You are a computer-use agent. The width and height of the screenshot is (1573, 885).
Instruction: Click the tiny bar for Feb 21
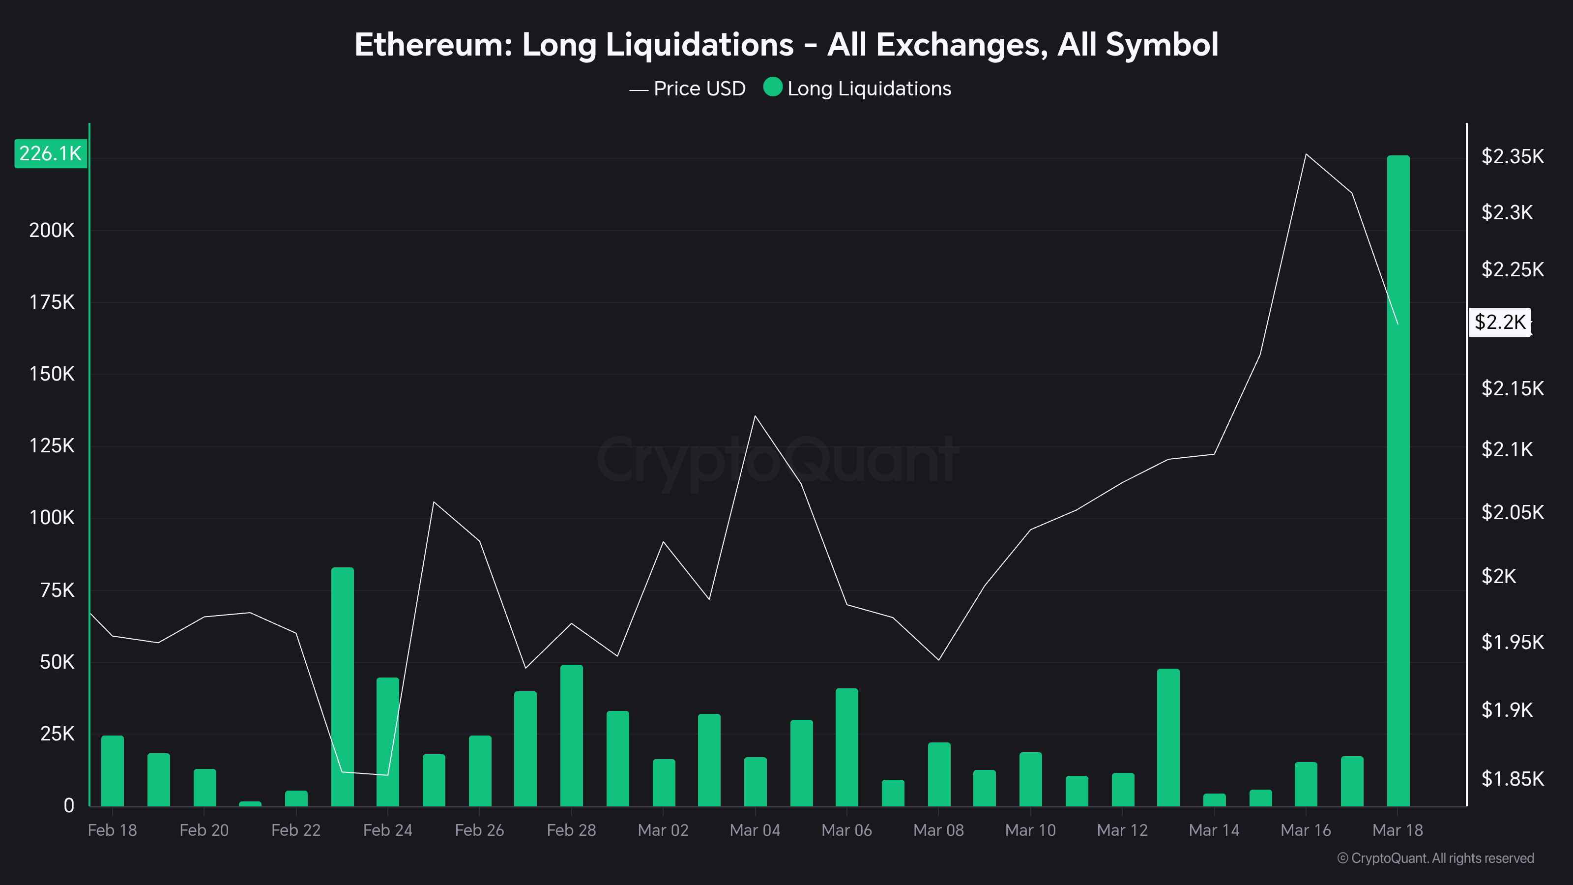[250, 804]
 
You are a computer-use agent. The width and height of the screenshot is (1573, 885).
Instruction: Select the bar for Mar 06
[846, 747]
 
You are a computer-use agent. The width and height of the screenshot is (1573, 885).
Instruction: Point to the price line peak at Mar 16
[1306, 154]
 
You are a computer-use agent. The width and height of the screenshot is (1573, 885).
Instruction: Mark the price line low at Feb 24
[387, 774]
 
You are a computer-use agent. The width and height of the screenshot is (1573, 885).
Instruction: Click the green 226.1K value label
[50, 153]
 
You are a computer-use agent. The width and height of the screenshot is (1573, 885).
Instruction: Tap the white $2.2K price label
[1500, 322]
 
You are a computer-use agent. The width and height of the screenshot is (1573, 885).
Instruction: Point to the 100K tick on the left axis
[52, 518]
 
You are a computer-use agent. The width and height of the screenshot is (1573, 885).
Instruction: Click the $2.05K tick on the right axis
[1512, 512]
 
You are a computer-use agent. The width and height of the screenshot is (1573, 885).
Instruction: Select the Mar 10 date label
[1030, 830]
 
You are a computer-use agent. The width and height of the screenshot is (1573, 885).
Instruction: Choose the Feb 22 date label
[295, 830]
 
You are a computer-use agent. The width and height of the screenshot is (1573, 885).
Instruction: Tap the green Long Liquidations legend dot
[772, 88]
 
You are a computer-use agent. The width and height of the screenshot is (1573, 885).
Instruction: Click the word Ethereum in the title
[433, 45]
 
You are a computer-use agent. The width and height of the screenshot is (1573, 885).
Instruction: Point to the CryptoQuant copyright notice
[1435, 858]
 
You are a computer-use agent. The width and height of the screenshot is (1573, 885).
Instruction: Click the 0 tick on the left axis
[69, 806]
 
